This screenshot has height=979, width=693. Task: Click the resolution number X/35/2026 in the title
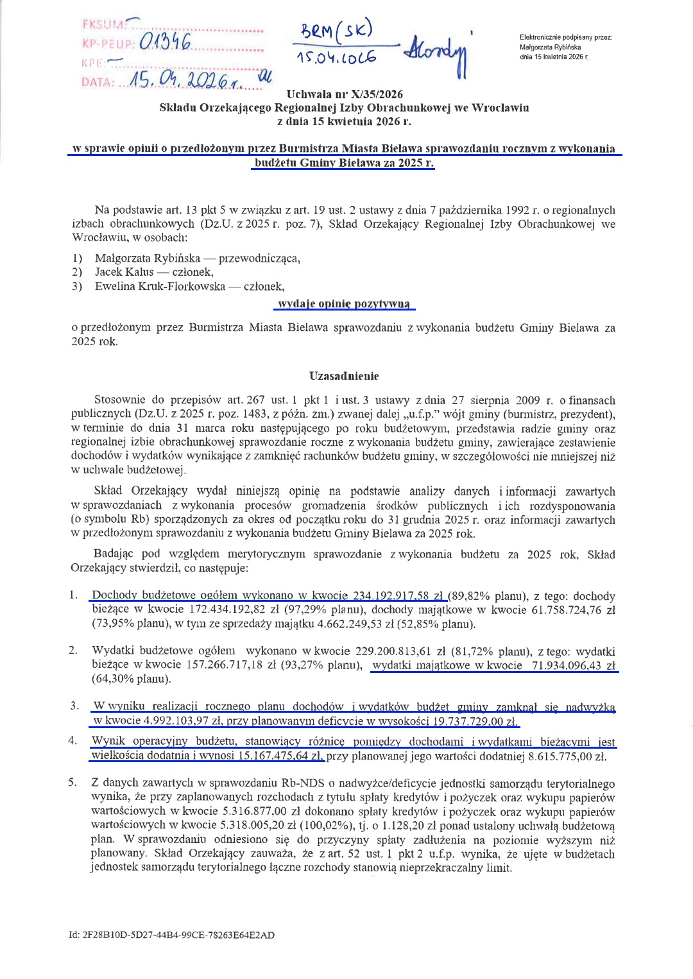[x=379, y=94]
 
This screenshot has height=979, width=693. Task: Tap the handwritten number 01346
[x=164, y=44]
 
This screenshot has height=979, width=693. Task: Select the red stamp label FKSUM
[x=103, y=25]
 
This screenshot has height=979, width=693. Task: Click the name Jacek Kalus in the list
[x=124, y=272]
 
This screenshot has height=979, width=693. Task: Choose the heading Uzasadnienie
[x=344, y=376]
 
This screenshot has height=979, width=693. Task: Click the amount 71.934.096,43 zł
[x=573, y=665]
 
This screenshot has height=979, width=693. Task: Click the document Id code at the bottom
[x=172, y=935]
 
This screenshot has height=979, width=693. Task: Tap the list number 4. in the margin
[x=73, y=741]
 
